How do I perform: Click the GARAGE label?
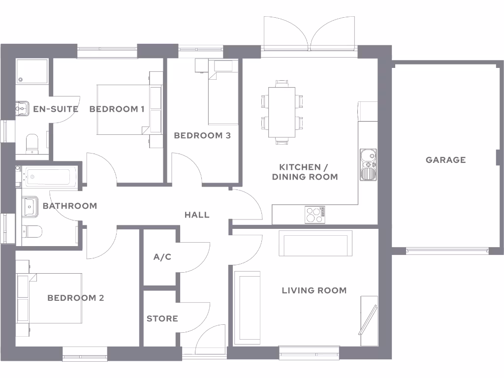tap(445, 160)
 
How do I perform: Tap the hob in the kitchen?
tap(315, 215)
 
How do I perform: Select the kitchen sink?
tap(368, 164)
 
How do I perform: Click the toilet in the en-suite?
tap(31, 143)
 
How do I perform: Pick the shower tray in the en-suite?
tap(32, 71)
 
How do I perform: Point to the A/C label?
tap(162, 257)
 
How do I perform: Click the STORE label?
tap(162, 319)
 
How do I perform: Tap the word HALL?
tap(197, 215)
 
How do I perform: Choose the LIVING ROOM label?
tap(314, 290)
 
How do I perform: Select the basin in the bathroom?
tap(30, 206)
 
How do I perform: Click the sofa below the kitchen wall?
tap(315, 243)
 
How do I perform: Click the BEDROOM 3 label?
tap(202, 135)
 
